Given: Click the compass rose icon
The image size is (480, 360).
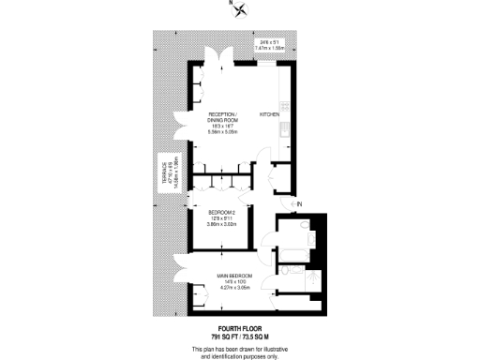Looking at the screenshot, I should point(242,11).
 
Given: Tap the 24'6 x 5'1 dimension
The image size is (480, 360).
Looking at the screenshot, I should point(272,41).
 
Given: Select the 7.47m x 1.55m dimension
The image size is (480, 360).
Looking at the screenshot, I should point(272,47).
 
